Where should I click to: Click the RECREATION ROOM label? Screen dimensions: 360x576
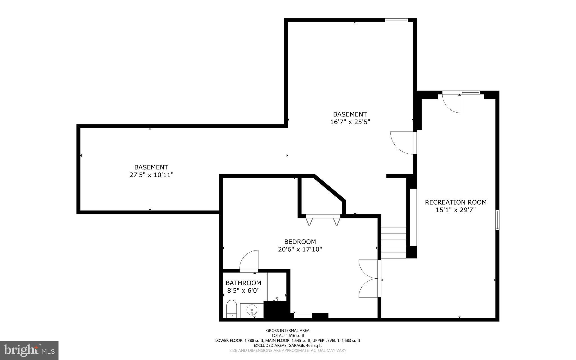coord(456,202)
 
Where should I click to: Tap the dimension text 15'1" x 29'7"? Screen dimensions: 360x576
coord(456,210)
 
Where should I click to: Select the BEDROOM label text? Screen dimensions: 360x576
coord(300,242)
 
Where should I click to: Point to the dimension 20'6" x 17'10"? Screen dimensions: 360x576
coord(300,249)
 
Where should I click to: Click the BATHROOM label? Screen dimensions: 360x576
coord(243,283)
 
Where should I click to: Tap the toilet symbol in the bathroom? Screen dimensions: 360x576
coord(231,309)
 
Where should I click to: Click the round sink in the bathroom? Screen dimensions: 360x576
coord(252,310)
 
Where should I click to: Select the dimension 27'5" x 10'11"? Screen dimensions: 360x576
coord(151,175)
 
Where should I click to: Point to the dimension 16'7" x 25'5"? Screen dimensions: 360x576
coord(350,122)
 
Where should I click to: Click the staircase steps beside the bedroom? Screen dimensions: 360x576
coord(394,243)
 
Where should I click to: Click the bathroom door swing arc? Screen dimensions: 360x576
coord(249,260)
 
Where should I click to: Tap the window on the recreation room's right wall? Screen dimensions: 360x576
coord(497,220)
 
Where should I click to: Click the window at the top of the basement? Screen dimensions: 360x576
coord(396,20)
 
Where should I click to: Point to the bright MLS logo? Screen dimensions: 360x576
coord(29,350)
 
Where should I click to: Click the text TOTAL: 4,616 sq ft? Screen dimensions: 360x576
coord(288,336)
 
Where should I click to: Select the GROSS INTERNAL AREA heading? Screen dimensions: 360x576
coord(288,330)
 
